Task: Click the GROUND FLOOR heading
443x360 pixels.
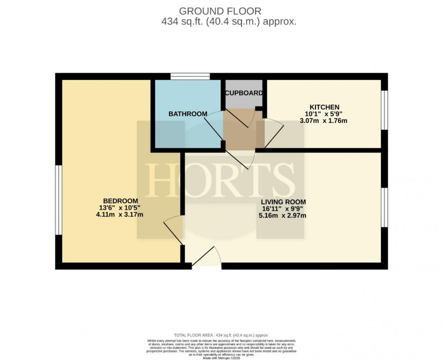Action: (220, 10)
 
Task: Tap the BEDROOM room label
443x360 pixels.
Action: (120, 201)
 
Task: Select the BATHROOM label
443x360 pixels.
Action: (188, 114)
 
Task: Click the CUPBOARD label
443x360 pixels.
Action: (244, 93)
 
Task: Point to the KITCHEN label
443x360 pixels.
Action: (325, 107)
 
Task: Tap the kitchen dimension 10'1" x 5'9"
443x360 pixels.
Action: (325, 114)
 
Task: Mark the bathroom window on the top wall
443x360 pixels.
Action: (190, 76)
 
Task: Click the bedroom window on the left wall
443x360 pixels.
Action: (59, 200)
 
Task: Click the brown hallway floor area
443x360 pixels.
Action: (243, 128)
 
